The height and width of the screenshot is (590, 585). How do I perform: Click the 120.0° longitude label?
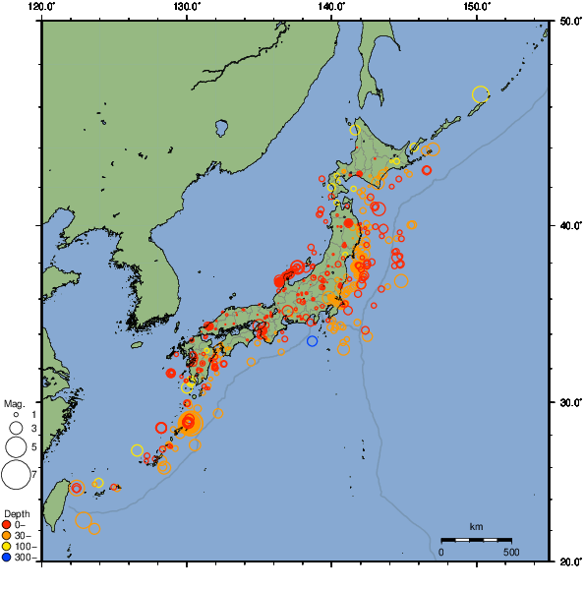(x=42, y=7)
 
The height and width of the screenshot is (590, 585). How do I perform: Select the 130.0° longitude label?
(x=187, y=7)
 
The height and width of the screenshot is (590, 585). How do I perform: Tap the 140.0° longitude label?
(x=331, y=7)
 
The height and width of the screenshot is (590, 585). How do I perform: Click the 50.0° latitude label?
(x=567, y=21)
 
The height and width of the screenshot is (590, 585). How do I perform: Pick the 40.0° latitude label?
(x=567, y=227)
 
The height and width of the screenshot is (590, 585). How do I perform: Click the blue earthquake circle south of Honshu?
(x=312, y=341)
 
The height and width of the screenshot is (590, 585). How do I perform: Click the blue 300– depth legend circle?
(x=8, y=558)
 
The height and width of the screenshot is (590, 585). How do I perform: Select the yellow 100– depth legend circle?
(x=8, y=547)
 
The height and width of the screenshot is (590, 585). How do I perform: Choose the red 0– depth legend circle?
(x=8, y=524)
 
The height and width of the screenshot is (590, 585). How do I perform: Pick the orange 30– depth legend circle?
(x=8, y=536)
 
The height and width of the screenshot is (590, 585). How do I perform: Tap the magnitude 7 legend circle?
(x=15, y=476)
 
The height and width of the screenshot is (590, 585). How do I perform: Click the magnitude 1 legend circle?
(x=16, y=415)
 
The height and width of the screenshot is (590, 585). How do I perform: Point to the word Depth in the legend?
(x=16, y=513)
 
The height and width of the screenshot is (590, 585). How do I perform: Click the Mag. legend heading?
(x=14, y=403)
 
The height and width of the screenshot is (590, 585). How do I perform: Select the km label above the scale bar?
(x=476, y=527)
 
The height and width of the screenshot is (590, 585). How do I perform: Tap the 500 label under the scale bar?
(x=511, y=552)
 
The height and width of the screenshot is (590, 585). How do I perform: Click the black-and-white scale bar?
(x=476, y=540)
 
